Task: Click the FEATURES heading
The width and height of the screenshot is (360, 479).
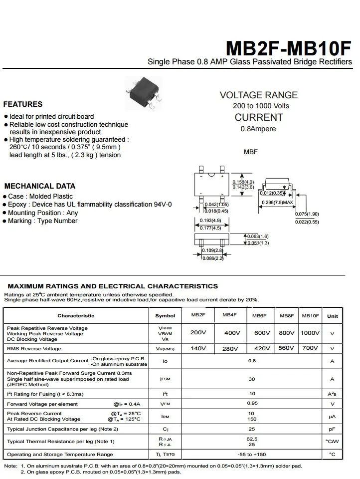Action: pyautogui.click(x=23, y=104)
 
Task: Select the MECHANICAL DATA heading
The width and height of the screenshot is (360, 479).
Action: pyautogui.click(x=40, y=186)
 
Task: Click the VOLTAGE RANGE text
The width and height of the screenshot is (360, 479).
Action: pyautogui.click(x=259, y=95)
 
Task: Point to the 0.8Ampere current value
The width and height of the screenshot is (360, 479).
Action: pyautogui.click(x=258, y=129)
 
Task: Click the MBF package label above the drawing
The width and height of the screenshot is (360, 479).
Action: pyautogui.click(x=251, y=152)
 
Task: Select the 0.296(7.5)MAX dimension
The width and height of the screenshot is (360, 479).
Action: pyautogui.click(x=277, y=203)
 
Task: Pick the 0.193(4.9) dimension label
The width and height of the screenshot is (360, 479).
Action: pyautogui.click(x=210, y=221)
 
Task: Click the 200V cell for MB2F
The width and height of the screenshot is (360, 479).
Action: pyautogui.click(x=198, y=333)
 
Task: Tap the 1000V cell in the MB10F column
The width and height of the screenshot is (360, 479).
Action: pyautogui.click(x=310, y=333)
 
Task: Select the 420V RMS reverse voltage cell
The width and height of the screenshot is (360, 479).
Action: pyautogui.click(x=262, y=348)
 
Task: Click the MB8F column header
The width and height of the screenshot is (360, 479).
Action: pyautogui.click(x=287, y=316)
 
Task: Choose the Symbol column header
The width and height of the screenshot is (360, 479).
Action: pyautogui.click(x=165, y=316)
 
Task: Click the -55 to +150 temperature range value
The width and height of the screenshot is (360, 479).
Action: pyautogui.click(x=252, y=455)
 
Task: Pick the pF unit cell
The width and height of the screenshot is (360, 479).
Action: pyautogui.click(x=332, y=429)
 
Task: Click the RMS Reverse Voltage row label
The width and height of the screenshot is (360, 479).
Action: pyautogui.click(x=34, y=348)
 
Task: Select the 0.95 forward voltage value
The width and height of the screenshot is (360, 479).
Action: pyautogui.click(x=252, y=403)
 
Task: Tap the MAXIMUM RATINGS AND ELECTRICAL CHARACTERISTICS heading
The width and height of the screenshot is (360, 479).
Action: pyautogui.click(x=113, y=286)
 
